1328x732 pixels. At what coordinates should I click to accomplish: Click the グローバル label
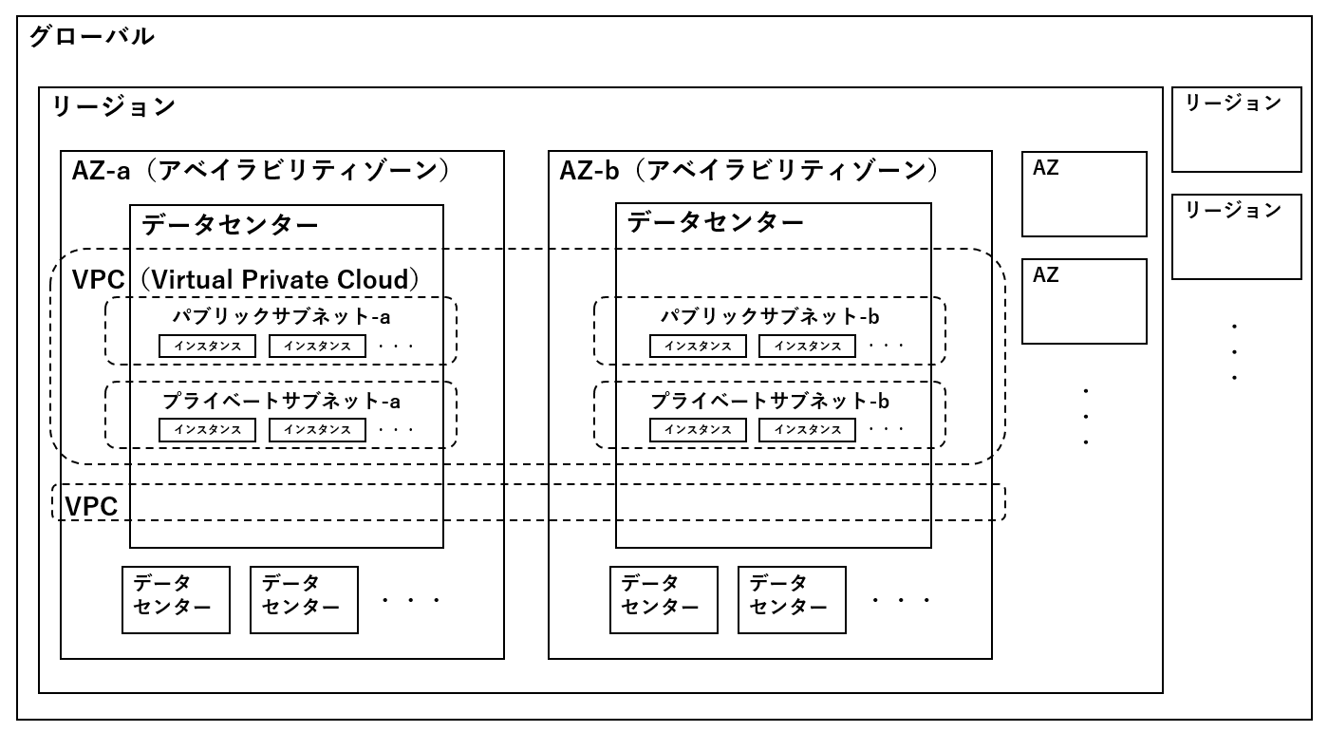point(91,38)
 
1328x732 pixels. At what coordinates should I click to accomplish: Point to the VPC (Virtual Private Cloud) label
point(246,280)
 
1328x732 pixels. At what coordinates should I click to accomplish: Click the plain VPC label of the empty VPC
point(91,507)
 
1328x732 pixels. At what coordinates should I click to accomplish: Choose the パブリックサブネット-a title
point(280,316)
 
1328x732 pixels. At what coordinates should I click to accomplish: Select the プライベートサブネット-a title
point(281,401)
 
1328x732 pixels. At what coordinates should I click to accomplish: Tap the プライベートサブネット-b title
point(770,401)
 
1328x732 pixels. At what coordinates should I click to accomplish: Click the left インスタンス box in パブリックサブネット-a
point(207,347)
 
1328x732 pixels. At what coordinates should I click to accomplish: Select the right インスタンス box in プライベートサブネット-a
point(317,430)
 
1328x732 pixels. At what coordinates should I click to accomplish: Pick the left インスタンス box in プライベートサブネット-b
point(698,430)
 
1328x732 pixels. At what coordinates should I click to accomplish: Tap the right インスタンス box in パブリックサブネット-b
point(807,347)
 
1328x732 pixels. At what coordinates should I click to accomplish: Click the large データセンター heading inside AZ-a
point(230,224)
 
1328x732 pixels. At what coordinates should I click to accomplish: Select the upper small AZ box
point(1084,194)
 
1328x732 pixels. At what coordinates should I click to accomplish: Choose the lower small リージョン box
point(1236,236)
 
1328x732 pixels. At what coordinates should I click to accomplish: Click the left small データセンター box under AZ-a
point(176,599)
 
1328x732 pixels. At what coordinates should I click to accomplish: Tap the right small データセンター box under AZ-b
point(792,599)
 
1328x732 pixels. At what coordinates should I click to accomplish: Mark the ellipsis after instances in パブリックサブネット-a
point(396,347)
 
